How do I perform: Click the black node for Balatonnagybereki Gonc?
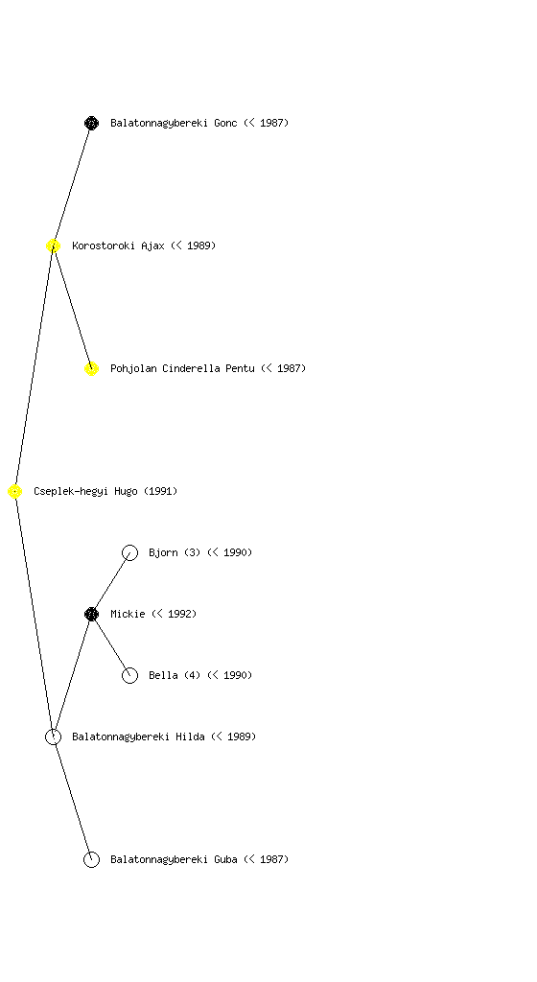pos(91,123)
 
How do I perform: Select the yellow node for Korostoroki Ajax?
pos(53,246)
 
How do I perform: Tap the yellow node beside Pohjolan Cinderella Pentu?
pos(91,369)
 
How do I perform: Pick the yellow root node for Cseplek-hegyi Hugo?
pos(15,492)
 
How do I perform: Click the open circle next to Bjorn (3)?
pos(129,553)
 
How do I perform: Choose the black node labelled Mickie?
pos(91,615)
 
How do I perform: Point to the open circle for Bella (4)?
pos(129,676)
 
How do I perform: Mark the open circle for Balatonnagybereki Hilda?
pos(53,737)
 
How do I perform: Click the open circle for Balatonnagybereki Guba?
pos(91,860)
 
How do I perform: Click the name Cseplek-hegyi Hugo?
pos(85,492)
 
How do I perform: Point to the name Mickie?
pos(128,614)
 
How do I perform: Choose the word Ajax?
pos(152,246)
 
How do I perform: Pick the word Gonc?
pos(225,123)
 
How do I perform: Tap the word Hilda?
pos(190,736)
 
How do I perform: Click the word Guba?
pos(225,859)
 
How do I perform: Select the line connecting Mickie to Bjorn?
pos(111,584)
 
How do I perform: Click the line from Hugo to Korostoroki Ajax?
pos(35,369)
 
